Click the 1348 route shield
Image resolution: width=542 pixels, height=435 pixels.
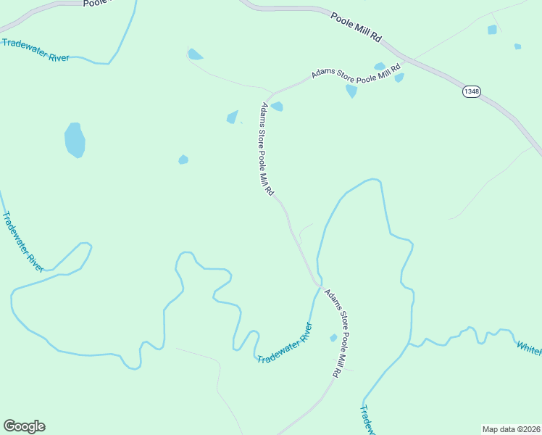[x=472, y=91]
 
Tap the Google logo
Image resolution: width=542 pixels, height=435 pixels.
[x=24, y=426]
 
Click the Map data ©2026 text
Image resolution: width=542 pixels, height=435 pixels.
[x=511, y=429]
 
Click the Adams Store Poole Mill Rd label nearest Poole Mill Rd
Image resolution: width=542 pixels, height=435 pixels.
[x=357, y=74]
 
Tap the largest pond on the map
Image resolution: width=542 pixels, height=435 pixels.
[x=75, y=140]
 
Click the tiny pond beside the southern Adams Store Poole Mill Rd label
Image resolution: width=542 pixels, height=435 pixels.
[x=333, y=338]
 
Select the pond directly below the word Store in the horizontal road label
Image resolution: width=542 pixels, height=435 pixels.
[x=351, y=91]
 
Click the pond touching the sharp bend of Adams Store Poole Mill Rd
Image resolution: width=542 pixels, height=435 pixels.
[x=277, y=107]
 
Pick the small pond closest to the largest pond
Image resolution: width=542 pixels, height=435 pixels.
[x=183, y=159]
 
